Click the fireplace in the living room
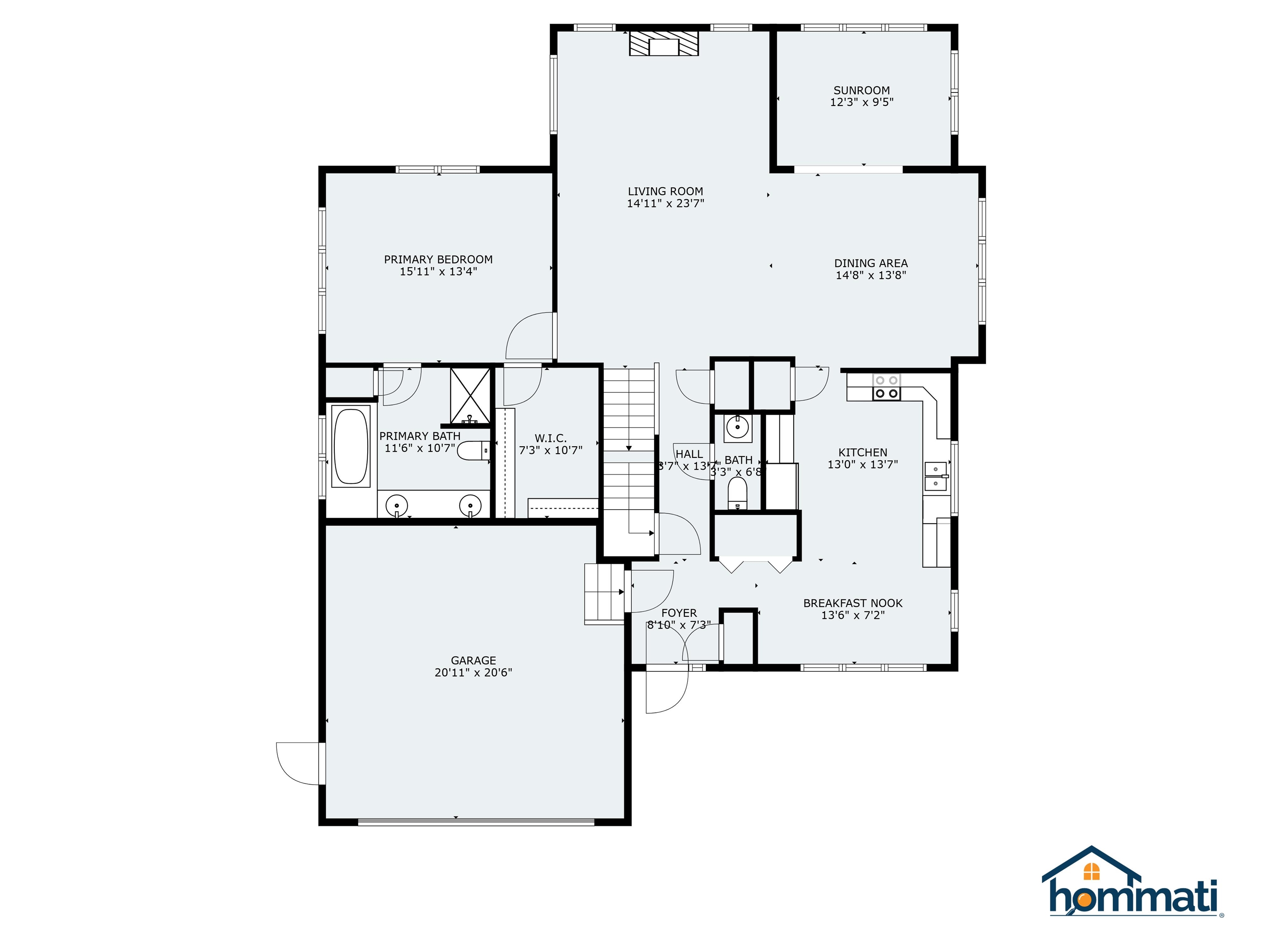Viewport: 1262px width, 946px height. pos(663,44)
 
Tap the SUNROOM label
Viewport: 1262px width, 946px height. pos(861,90)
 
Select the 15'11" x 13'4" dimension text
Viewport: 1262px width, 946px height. pos(438,272)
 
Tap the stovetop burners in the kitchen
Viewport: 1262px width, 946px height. pos(887,387)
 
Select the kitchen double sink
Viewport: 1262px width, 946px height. pos(936,477)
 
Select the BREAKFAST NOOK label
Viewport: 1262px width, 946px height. pos(852,603)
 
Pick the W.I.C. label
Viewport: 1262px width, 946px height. pos(550,438)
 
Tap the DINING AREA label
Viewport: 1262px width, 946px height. pos(871,264)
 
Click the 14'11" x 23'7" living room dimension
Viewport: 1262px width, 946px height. pos(665,204)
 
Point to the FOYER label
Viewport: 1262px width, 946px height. pos(679,613)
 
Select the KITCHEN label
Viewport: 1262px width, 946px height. pos(863,452)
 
